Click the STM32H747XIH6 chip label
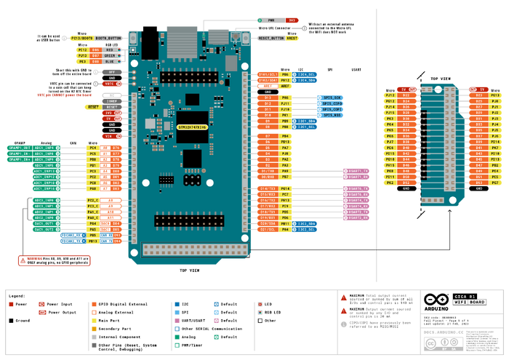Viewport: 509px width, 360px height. [x=192, y=127]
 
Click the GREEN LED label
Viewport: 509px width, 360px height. [x=109, y=55]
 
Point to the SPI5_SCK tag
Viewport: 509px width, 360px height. [x=332, y=97]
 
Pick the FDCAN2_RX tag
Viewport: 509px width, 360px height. [x=72, y=235]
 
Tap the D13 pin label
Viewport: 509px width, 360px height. [x=268, y=97]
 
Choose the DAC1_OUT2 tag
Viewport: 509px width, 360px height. [x=45, y=230]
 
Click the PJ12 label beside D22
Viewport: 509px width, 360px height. [x=390, y=95]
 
